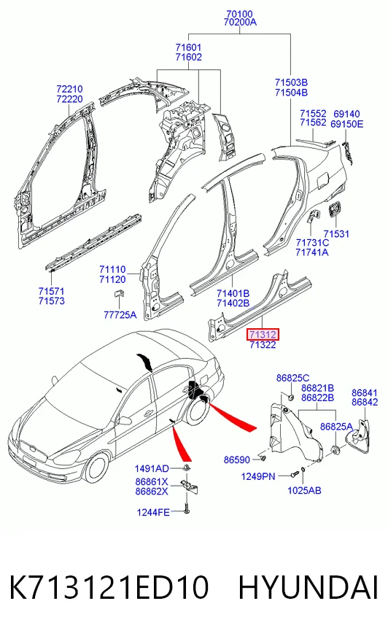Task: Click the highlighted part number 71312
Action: click(x=263, y=335)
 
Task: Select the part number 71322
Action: click(x=263, y=345)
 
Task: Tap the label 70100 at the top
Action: click(x=240, y=14)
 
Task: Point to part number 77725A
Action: click(x=120, y=315)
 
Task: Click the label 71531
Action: click(x=336, y=233)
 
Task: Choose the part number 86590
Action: click(x=237, y=459)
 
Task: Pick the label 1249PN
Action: click(x=258, y=476)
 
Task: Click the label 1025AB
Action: click(x=304, y=490)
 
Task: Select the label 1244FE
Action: click(x=153, y=512)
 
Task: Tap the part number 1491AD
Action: click(x=152, y=468)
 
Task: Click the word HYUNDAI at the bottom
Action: click(x=308, y=587)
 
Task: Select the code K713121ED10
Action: click(x=109, y=587)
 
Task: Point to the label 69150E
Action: click(x=346, y=124)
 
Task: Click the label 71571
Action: click(x=52, y=291)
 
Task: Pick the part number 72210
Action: click(x=69, y=89)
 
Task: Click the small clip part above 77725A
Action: click(x=118, y=293)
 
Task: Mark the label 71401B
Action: click(x=233, y=293)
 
